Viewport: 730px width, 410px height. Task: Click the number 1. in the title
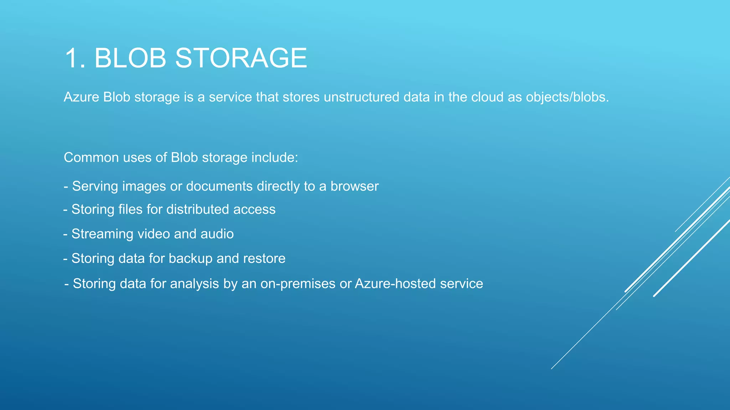[x=75, y=58]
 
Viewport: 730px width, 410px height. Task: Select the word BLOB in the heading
[x=130, y=58]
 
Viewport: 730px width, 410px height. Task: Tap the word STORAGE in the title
[x=241, y=58]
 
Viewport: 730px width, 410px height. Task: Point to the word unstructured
[x=361, y=97]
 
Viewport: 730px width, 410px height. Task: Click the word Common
[x=91, y=158]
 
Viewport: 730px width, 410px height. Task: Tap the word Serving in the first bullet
[x=94, y=186]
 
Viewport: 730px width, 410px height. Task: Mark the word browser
[x=354, y=186]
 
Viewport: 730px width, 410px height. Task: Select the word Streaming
[x=102, y=234]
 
